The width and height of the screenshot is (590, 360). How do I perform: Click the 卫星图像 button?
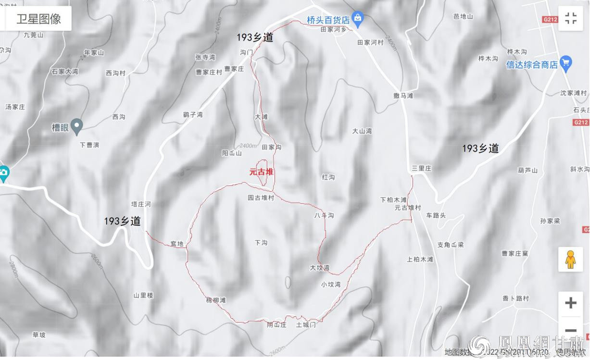click(x=38, y=19)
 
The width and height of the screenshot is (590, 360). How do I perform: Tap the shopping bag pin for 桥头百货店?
click(x=357, y=19)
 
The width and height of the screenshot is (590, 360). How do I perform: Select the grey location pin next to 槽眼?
click(x=76, y=126)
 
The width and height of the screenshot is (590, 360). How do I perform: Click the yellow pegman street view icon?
click(x=570, y=260)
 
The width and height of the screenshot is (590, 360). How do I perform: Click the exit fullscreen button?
click(x=570, y=19)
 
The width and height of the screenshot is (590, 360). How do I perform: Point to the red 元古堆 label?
click(x=261, y=172)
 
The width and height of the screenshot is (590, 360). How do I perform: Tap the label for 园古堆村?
click(x=261, y=198)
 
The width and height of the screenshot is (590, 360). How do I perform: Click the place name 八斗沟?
click(x=324, y=215)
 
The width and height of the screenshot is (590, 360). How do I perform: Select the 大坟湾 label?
click(x=319, y=268)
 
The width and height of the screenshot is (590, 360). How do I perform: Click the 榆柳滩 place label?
click(x=215, y=300)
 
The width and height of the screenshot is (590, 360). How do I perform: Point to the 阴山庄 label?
click(x=276, y=325)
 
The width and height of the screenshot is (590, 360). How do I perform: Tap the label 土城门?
click(x=306, y=325)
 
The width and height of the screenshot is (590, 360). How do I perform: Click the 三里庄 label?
click(x=421, y=168)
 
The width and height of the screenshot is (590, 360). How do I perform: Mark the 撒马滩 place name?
click(x=403, y=96)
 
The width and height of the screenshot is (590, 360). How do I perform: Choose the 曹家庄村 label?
click(x=209, y=72)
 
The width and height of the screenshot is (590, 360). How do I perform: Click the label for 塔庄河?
click(x=141, y=204)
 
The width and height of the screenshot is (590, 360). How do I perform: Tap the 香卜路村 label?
click(x=515, y=298)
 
